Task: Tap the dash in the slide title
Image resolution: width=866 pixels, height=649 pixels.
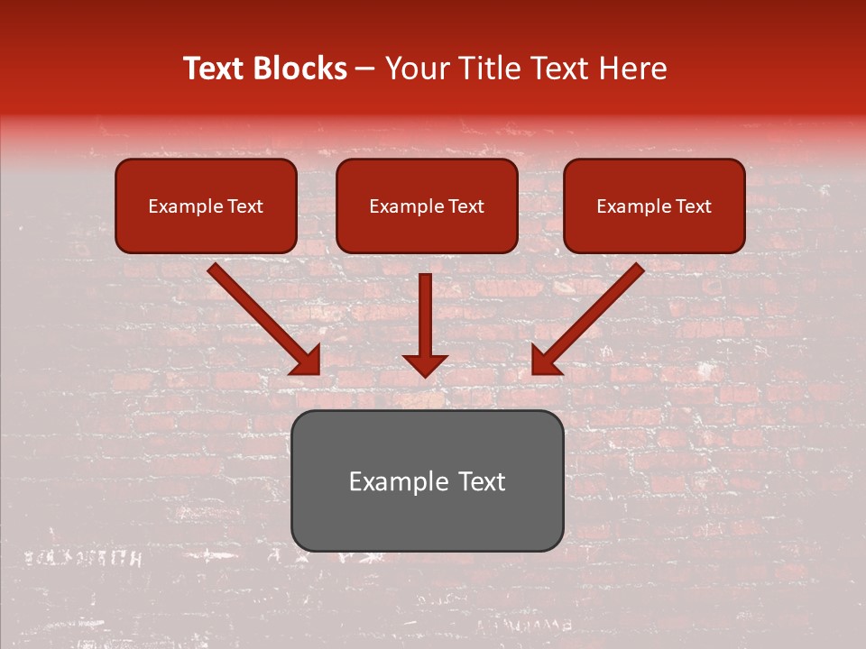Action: pyautogui.click(x=365, y=69)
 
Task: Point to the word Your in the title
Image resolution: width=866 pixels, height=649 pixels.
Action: pyautogui.click(x=418, y=69)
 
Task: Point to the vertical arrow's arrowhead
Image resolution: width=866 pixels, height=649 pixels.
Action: pyautogui.click(x=425, y=364)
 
